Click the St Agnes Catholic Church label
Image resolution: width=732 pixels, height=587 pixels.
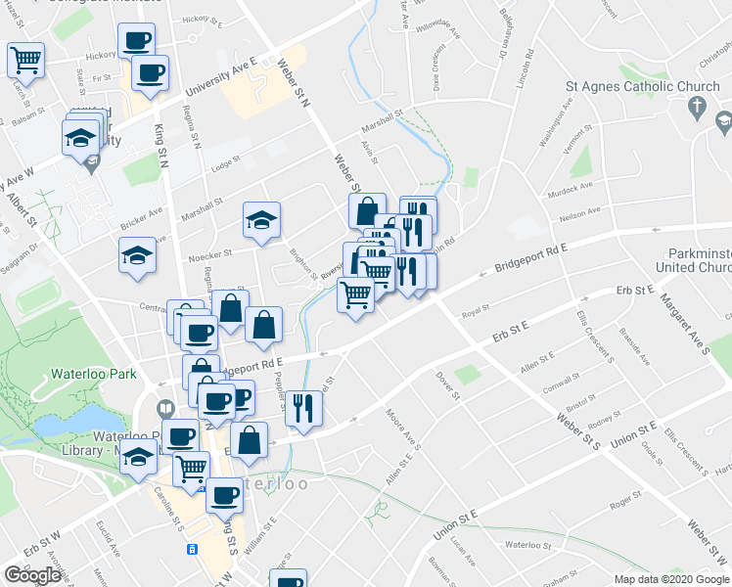pyautogui.click(x=636, y=86)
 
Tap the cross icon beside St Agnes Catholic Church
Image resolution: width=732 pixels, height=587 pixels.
pyautogui.click(x=697, y=106)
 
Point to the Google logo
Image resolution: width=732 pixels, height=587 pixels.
pyautogui.click(x=32, y=575)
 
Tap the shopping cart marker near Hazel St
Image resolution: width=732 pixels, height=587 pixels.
pyautogui.click(x=25, y=59)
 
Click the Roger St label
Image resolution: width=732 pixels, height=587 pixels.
pyautogui.click(x=623, y=505)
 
